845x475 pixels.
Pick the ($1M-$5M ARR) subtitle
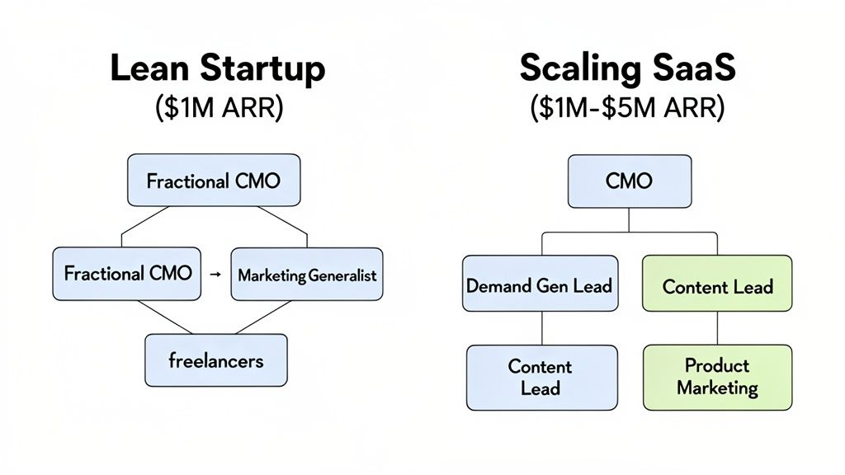pos(628,109)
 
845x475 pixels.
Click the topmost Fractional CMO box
pos(213,180)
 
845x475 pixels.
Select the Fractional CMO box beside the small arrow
pos(126,273)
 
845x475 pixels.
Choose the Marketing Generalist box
pos(306,275)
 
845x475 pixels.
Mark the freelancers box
pos(216,360)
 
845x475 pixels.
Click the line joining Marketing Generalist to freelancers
pos(276,318)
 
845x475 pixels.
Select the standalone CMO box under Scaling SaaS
pos(629,180)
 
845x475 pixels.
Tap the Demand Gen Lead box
pos(540,285)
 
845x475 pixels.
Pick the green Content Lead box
pos(717,285)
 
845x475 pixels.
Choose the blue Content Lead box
pos(541,377)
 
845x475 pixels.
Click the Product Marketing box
pos(717,376)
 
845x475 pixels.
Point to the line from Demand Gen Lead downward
pos(541,328)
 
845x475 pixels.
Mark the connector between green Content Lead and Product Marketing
pos(717,328)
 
